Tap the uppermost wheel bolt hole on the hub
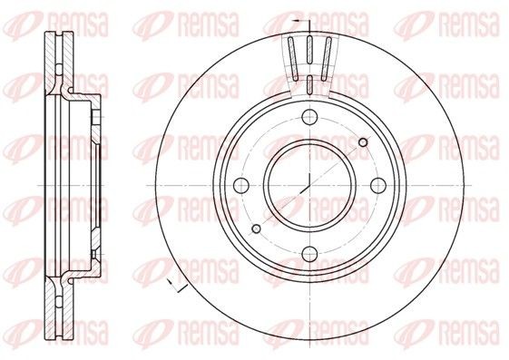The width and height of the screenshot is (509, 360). click(309, 115)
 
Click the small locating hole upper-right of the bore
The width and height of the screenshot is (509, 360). click(363, 141)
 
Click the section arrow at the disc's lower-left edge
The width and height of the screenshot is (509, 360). click(175, 287)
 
